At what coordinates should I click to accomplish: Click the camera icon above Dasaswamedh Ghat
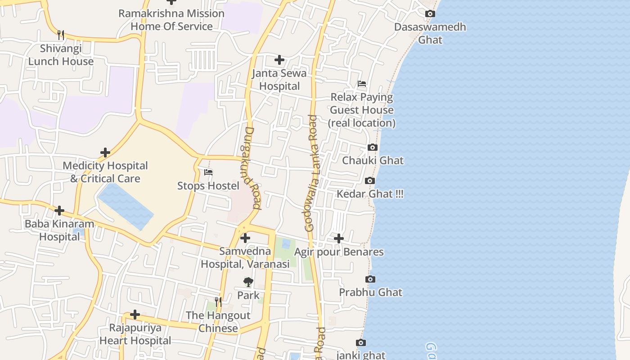tap(430, 14)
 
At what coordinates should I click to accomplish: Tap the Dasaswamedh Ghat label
tap(430, 33)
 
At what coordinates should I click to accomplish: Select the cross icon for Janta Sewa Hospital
tap(279, 60)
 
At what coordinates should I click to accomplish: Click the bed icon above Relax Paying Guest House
tap(362, 84)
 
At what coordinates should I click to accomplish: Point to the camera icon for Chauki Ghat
tap(372, 148)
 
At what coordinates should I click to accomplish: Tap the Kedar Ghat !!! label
tap(370, 194)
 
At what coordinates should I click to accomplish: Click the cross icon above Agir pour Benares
tap(339, 238)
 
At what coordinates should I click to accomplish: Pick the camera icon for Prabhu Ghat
tap(370, 279)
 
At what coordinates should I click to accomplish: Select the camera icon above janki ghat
tap(360, 343)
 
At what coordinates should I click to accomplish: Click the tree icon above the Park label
tap(248, 282)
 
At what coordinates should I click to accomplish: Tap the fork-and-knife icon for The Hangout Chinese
tap(218, 302)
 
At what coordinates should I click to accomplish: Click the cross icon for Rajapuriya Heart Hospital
tap(135, 315)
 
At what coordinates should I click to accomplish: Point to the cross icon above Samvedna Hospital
tap(245, 238)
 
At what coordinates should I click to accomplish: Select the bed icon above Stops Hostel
tap(208, 172)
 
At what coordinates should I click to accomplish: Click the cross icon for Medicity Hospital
tap(105, 153)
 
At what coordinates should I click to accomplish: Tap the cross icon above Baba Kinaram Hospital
tap(59, 211)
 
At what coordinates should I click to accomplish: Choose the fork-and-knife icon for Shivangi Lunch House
tap(61, 35)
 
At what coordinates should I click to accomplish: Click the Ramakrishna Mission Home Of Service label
tap(171, 20)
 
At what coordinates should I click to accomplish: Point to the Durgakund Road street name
tap(252, 168)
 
